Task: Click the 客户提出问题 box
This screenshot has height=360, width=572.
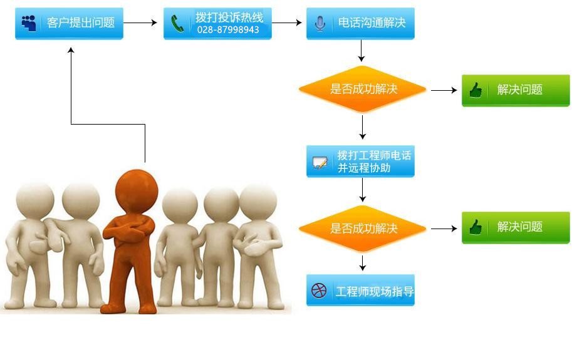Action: (69, 23)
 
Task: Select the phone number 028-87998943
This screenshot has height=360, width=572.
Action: (228, 30)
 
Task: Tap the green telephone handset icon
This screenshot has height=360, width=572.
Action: (179, 24)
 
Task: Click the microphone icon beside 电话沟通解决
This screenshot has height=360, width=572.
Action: (320, 24)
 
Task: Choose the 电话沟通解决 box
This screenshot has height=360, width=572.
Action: (360, 23)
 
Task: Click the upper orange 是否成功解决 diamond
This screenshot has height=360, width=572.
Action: (363, 90)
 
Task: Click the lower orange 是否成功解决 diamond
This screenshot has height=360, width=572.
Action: (363, 229)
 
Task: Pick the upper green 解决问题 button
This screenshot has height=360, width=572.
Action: (516, 90)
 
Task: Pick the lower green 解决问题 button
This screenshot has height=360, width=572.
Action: (516, 227)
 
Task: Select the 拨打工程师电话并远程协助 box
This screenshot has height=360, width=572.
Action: (360, 162)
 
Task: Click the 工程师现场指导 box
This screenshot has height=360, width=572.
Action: (360, 291)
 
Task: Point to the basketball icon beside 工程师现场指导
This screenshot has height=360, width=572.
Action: (319, 291)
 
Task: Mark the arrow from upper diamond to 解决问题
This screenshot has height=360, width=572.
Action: (444, 90)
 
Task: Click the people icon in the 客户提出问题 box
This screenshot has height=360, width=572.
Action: (29, 23)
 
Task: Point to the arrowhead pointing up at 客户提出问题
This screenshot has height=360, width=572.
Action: (71, 49)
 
